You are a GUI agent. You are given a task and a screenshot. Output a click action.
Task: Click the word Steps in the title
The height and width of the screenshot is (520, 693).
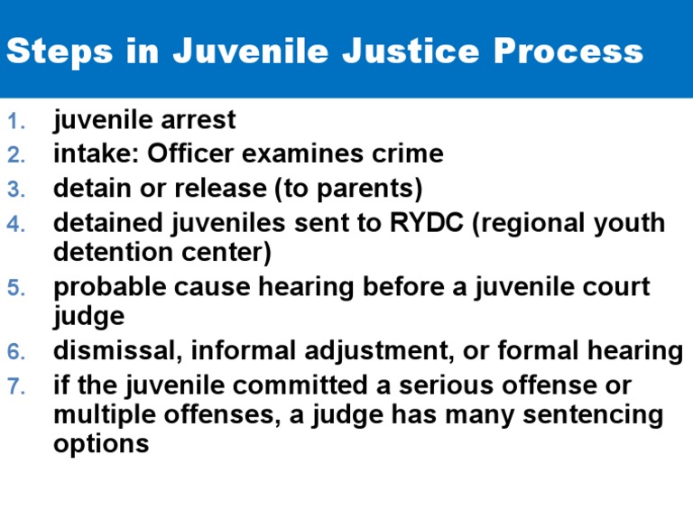click(56, 51)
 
